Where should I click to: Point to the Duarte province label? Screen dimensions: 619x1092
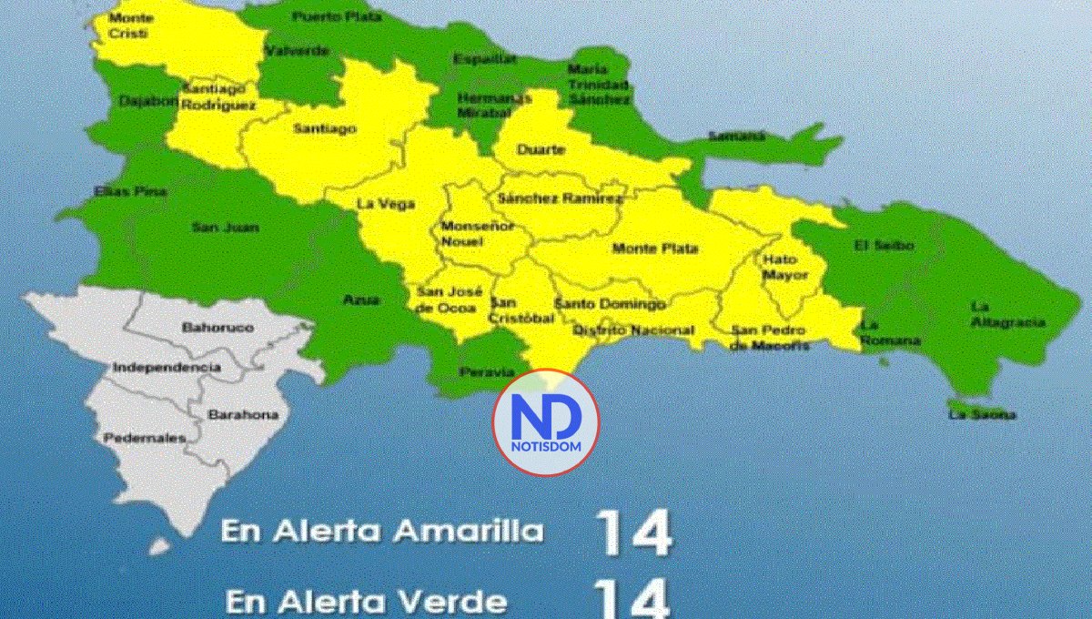pos(541,149)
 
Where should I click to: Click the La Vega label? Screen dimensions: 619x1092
pos(379,203)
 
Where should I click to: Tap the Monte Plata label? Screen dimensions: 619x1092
pos(655,249)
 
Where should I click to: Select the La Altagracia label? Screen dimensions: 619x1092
pos(1006,314)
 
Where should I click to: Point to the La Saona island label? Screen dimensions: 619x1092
pos(982,414)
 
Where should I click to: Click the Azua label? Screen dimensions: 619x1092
pos(361,299)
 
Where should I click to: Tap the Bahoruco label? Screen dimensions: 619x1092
pos(217,326)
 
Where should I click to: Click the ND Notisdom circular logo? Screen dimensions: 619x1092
pos(546,422)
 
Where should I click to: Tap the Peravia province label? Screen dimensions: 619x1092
pos(480,373)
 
